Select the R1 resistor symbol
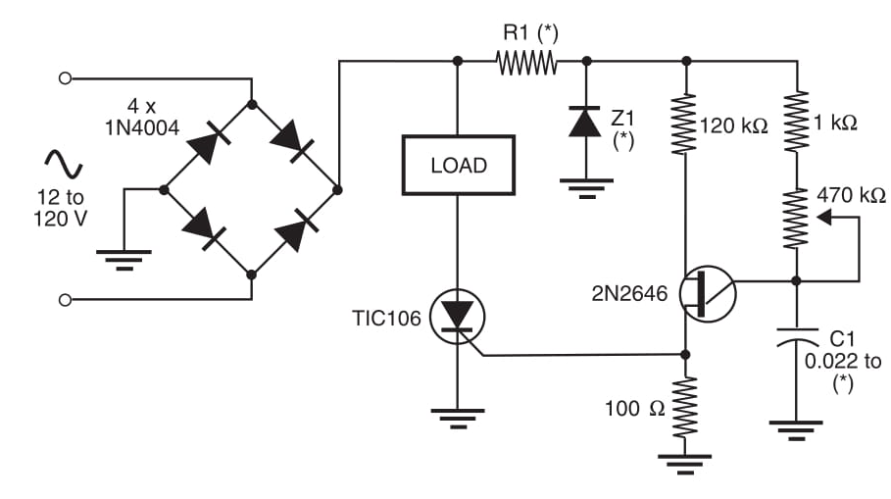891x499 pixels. click(526, 63)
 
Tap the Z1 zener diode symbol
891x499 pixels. click(585, 123)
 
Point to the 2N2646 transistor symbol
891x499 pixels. click(707, 293)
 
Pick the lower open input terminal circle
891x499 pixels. click(65, 298)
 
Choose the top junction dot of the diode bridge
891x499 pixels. click(252, 103)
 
